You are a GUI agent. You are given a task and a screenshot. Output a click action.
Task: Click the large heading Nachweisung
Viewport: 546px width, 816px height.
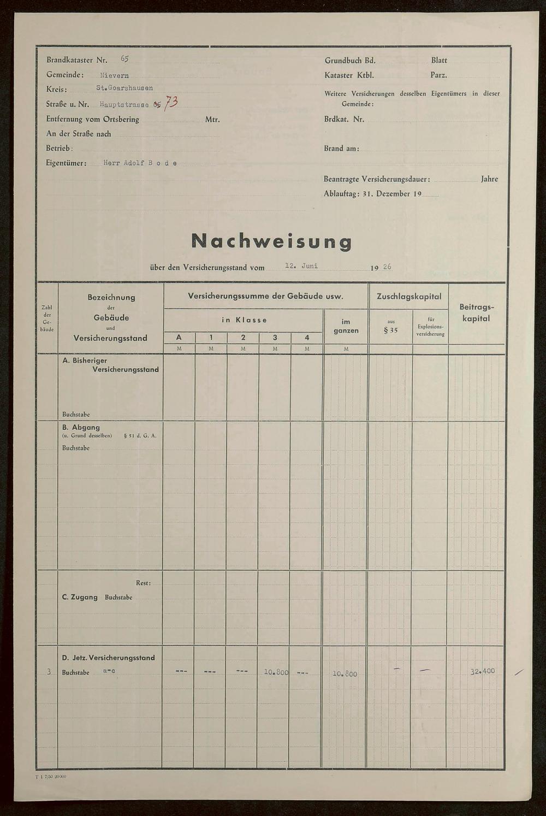(x=271, y=241)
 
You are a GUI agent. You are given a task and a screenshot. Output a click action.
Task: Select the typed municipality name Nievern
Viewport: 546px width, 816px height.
(x=114, y=75)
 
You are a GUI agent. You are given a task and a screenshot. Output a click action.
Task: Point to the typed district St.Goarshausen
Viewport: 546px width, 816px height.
(x=124, y=88)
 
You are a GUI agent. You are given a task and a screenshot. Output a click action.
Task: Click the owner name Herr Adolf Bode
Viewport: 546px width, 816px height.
(x=140, y=163)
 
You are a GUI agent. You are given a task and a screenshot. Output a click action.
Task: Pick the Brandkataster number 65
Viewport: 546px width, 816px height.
(x=124, y=59)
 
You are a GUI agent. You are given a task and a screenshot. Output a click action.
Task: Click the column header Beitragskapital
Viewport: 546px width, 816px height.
(x=476, y=312)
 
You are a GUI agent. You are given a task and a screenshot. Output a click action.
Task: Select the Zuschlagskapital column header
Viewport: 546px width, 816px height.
(x=408, y=296)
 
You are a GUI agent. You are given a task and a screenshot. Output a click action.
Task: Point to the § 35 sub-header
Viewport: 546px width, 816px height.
(x=390, y=330)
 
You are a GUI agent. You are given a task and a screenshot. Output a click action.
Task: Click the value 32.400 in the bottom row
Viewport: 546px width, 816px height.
(x=483, y=671)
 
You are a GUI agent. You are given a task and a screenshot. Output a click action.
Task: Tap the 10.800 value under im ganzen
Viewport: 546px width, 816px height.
(x=345, y=673)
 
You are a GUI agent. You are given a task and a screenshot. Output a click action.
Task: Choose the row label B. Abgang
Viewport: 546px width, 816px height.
(x=81, y=427)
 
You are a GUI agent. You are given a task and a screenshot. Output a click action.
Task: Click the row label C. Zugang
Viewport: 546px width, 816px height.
(x=80, y=597)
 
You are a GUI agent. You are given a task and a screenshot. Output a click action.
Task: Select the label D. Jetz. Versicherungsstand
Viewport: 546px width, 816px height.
(x=109, y=658)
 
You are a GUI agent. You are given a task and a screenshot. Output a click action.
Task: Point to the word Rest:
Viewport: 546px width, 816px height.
(x=143, y=583)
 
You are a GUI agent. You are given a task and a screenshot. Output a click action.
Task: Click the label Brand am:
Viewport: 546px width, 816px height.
(x=341, y=148)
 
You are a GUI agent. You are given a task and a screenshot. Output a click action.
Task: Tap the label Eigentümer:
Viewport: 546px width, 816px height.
(x=66, y=163)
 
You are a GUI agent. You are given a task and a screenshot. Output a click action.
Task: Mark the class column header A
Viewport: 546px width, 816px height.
(x=179, y=338)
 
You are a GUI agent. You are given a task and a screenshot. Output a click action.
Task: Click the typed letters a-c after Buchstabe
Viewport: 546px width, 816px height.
(x=109, y=671)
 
